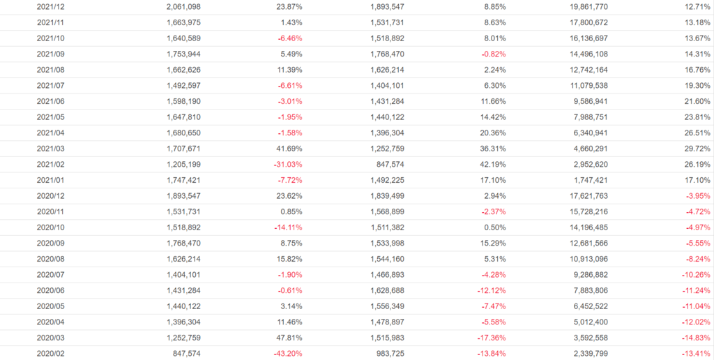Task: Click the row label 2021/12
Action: [50, 7]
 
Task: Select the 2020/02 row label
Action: [50, 354]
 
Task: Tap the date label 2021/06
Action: [50, 102]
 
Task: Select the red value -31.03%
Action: [286, 165]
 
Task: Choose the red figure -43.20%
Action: [286, 354]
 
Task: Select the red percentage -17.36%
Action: [489, 338]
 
